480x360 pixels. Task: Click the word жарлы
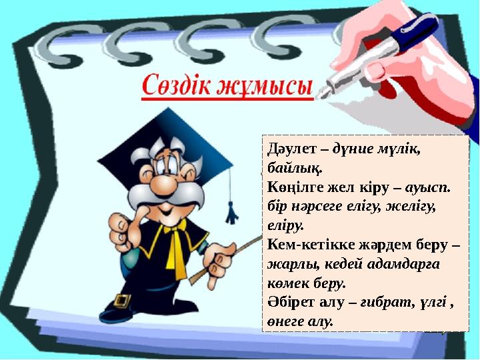tap(285, 264)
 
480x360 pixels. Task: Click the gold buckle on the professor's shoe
tap(122, 301)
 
